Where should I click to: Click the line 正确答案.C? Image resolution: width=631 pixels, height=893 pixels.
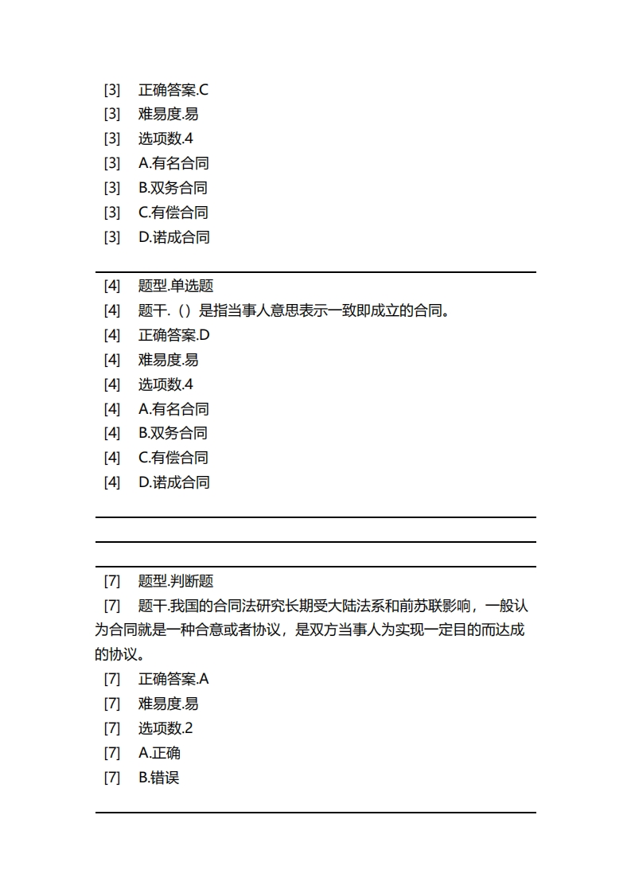click(x=173, y=90)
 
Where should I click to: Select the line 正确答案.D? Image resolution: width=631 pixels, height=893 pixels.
click(x=173, y=335)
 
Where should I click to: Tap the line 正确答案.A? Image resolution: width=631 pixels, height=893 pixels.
click(x=173, y=679)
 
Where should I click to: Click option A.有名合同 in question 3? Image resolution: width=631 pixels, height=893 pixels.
click(x=173, y=163)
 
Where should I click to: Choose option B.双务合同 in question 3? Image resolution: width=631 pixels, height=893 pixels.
click(x=173, y=188)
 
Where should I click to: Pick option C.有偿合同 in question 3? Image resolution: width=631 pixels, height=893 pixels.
click(x=173, y=213)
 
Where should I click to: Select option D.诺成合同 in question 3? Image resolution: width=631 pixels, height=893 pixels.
click(x=173, y=237)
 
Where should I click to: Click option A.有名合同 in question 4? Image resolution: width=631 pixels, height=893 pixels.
click(x=173, y=409)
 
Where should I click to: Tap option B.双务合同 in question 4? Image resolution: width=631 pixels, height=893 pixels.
click(x=173, y=433)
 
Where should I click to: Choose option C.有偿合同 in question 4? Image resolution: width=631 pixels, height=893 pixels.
click(x=173, y=458)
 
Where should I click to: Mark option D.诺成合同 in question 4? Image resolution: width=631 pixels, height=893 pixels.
click(x=173, y=482)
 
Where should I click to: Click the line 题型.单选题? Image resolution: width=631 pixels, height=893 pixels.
click(x=176, y=286)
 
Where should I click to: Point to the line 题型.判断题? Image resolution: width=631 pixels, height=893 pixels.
click(x=176, y=581)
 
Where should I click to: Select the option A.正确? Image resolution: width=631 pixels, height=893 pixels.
click(x=159, y=753)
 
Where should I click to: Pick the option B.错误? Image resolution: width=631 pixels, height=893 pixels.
click(x=159, y=778)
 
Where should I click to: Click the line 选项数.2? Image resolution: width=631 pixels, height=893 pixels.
click(x=166, y=728)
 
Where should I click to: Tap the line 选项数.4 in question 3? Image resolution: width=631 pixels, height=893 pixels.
click(x=166, y=138)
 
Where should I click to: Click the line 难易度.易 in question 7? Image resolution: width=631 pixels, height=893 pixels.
click(x=168, y=704)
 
